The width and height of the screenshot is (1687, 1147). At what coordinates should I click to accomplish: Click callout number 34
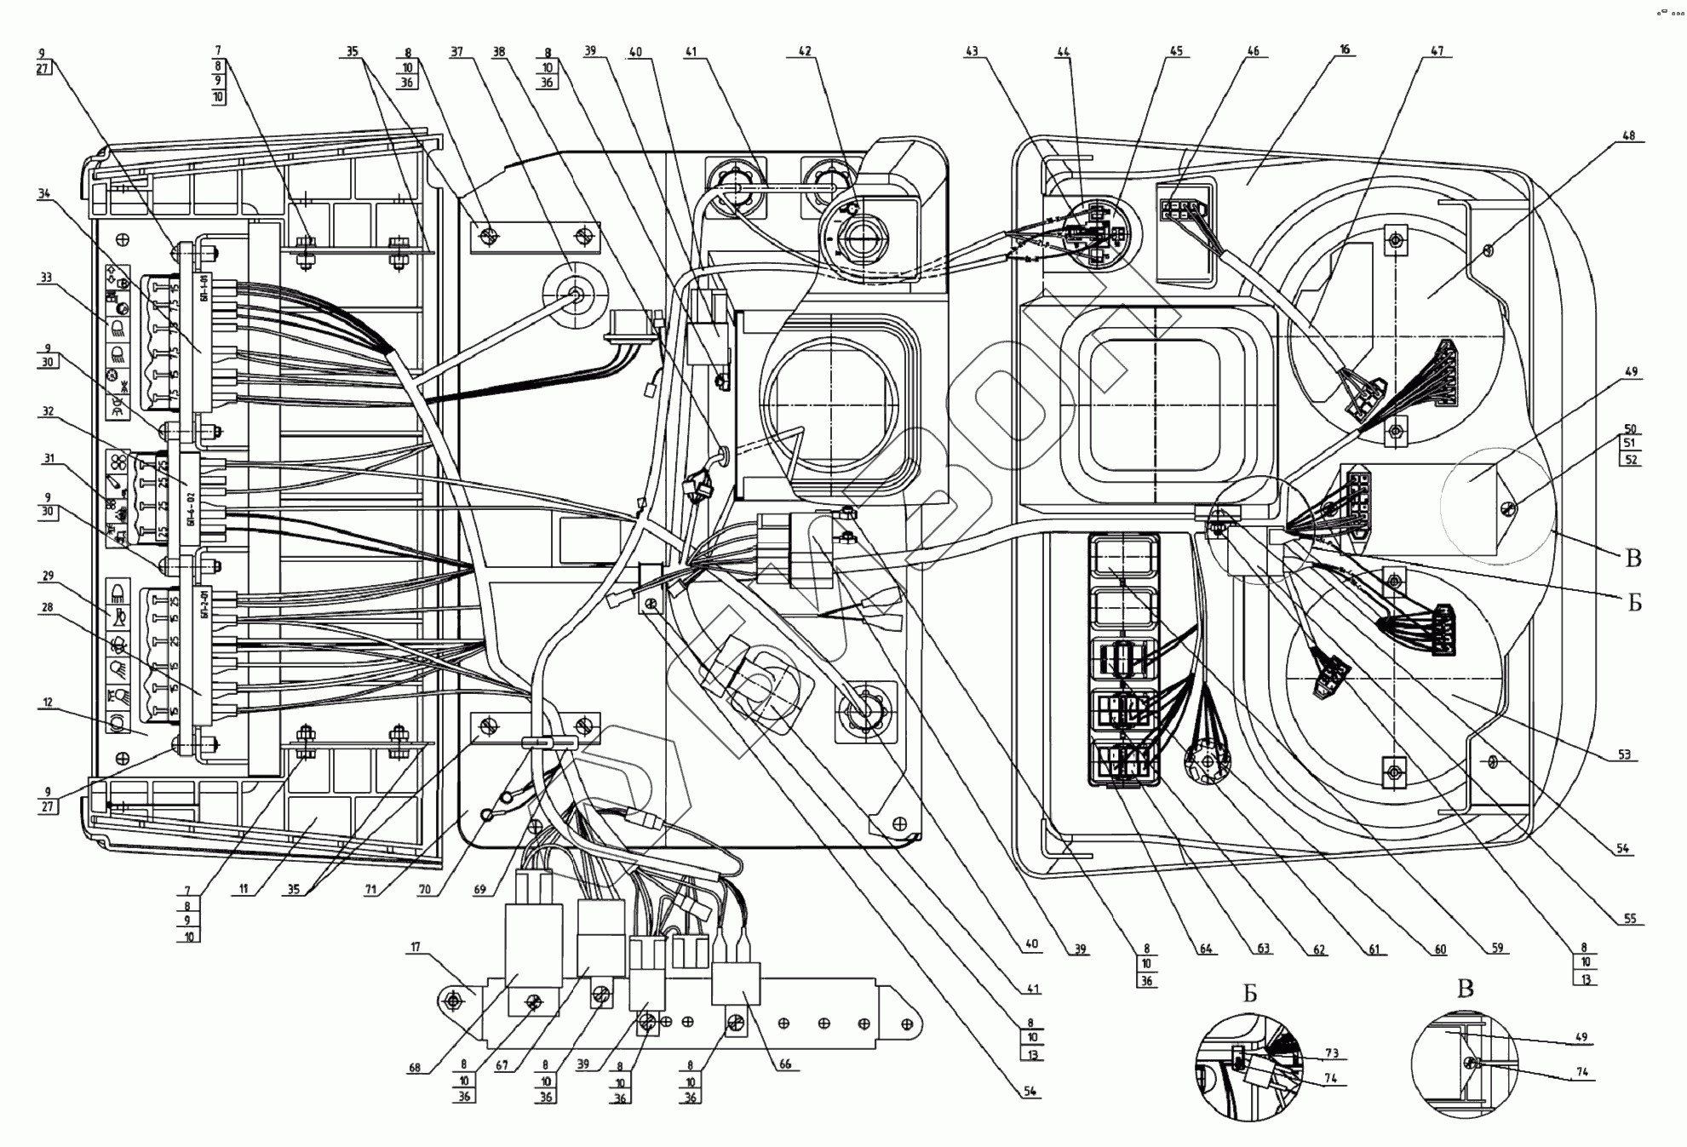(43, 193)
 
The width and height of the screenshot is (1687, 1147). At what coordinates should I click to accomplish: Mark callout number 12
(48, 703)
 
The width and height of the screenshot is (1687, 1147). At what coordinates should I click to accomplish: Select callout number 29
(48, 576)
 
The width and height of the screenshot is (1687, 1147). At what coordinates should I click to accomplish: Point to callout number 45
(1176, 51)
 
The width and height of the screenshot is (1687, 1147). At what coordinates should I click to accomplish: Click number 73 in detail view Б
(1332, 1053)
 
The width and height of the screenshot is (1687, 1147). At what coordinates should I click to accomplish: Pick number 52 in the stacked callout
(1630, 460)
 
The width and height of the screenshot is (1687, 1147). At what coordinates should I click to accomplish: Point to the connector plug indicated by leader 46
(1179, 209)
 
